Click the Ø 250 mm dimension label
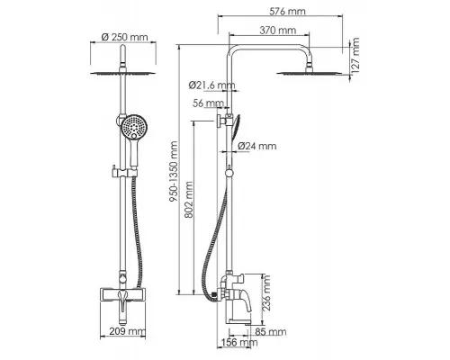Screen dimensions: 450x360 coord(125,37)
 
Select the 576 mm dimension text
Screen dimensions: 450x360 coord(287,12)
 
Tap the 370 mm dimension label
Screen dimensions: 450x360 coord(277,31)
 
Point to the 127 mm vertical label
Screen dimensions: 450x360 coord(355,55)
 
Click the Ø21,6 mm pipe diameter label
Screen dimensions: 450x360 coord(211,85)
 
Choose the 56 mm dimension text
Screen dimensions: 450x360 coord(208,103)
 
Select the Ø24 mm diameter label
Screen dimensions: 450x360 coord(257,146)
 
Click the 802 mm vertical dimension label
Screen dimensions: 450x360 coord(189,200)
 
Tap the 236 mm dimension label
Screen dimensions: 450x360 coord(266,292)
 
